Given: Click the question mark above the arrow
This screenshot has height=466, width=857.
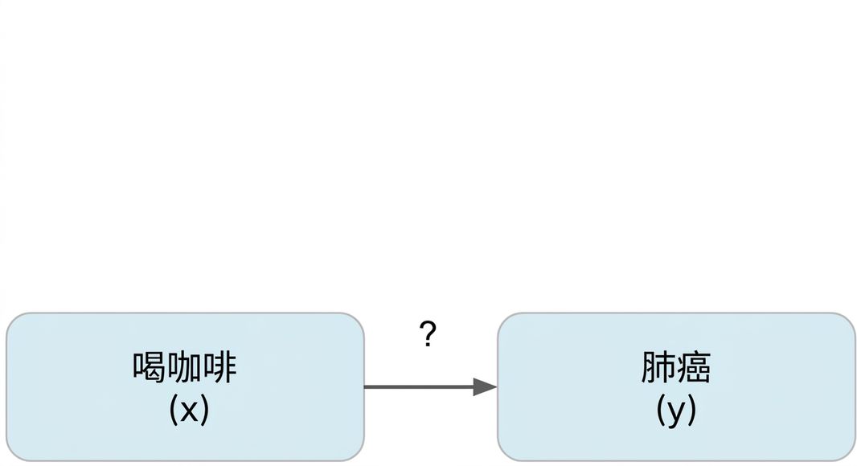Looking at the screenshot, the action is tap(428, 333).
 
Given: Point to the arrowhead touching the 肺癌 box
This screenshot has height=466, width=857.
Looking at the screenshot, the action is tap(486, 386).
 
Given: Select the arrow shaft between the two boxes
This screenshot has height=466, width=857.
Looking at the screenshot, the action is tap(419, 386).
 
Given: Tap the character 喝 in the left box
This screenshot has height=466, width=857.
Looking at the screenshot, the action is tap(149, 366).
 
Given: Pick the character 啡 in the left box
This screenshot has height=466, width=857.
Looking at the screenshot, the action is tap(219, 366).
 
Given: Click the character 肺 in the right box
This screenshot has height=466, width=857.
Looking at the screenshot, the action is tap(658, 366).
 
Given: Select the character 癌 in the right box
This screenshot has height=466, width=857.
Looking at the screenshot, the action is tap(694, 366).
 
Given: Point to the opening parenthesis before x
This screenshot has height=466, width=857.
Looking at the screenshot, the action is tap(174, 410).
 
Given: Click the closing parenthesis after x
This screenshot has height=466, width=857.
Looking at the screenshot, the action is tap(205, 410).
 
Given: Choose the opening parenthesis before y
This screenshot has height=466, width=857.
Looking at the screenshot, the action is tap(660, 410).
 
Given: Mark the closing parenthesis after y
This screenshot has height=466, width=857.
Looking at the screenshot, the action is tap(692, 410).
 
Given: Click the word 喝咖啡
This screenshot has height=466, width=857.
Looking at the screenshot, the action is tap(185, 366).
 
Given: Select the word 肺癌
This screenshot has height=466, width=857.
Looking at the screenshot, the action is tap(676, 366).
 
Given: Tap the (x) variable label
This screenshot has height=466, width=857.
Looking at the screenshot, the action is tap(189, 410).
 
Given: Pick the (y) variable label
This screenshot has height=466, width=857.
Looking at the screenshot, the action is tap(676, 410).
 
